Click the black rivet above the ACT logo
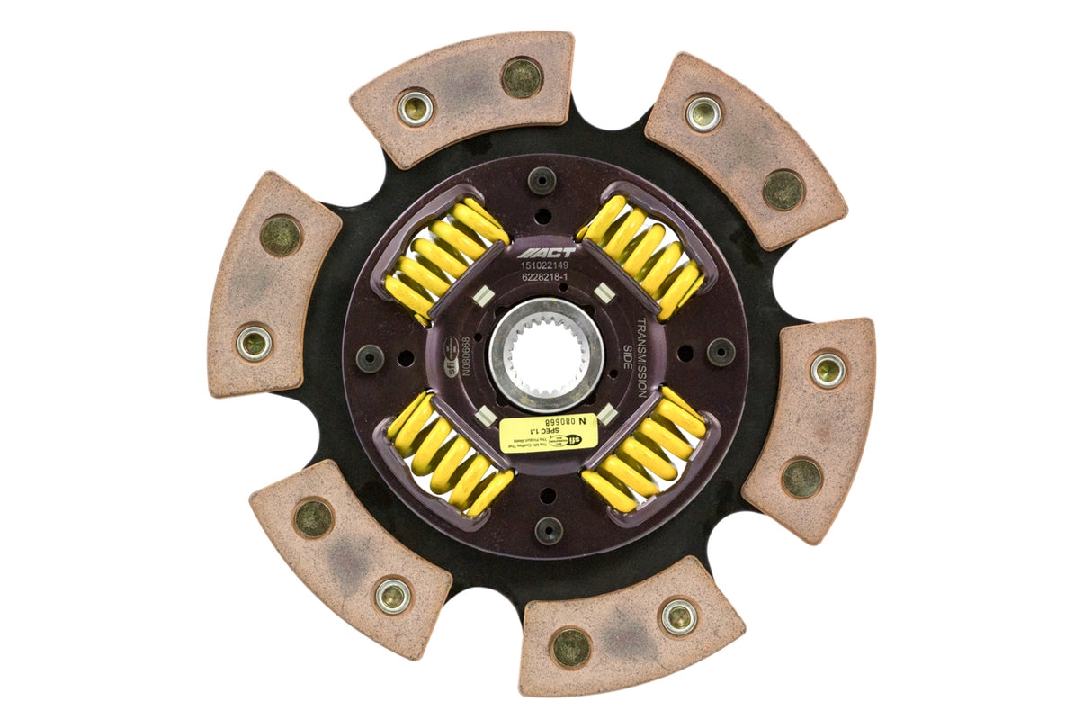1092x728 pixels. pos(542,180)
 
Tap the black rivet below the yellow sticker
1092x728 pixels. pos(549,530)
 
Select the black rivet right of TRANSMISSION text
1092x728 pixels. pos(721,352)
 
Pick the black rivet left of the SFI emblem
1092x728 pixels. pos(370,358)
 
